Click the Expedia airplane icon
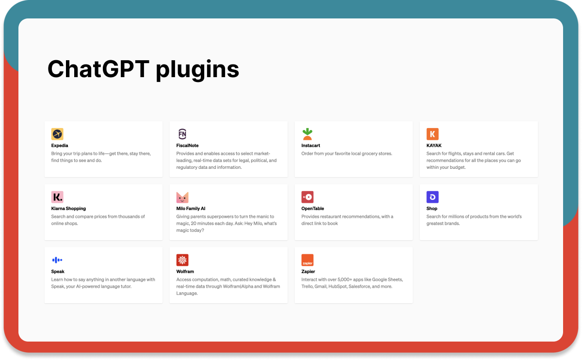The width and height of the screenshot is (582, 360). (x=57, y=134)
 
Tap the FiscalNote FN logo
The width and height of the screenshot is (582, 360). (x=182, y=134)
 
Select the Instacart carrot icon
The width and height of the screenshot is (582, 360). (x=307, y=134)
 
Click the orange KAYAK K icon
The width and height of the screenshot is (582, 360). (x=432, y=134)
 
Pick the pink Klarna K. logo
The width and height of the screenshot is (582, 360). (x=57, y=197)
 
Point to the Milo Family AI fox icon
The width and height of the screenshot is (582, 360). (x=182, y=197)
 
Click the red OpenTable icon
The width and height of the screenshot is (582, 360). (x=307, y=197)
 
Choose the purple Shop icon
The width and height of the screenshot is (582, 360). (x=432, y=197)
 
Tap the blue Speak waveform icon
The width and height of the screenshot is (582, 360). (x=57, y=260)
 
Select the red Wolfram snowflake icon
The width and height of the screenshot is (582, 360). (x=182, y=260)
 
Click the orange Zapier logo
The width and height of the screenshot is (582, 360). (x=307, y=260)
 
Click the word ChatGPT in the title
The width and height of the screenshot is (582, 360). (x=98, y=69)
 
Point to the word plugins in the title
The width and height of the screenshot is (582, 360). (x=197, y=70)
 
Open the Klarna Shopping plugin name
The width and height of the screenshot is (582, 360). (x=68, y=209)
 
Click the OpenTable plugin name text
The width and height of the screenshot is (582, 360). (x=312, y=209)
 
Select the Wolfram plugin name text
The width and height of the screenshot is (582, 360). (x=185, y=271)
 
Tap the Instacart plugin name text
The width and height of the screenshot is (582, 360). (x=310, y=146)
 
